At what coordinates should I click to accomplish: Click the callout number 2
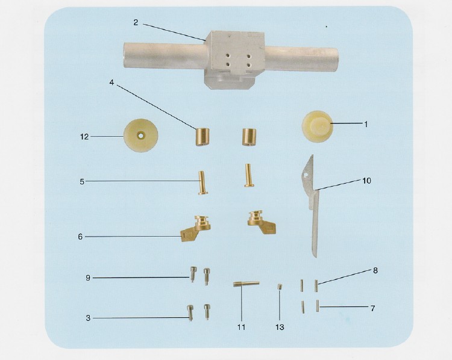point(136,22)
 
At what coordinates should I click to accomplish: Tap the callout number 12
point(84,137)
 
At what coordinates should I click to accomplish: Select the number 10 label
point(366,181)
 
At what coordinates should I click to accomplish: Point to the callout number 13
point(280,327)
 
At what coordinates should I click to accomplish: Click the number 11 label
point(241,327)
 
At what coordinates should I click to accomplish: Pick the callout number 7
point(372,308)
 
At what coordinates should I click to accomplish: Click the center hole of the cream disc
point(140,135)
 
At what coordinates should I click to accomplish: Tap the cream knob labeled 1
point(318,126)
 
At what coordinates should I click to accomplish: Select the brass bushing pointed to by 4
point(202,137)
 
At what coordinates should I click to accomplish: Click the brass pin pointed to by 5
point(202,183)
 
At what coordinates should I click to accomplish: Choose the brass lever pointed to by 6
point(196,228)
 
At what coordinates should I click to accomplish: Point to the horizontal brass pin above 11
point(246,284)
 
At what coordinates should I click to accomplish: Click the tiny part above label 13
point(280,287)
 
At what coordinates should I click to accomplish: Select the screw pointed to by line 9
point(193,274)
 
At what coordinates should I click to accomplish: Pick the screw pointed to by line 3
point(190,312)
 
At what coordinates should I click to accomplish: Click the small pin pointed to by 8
point(316,286)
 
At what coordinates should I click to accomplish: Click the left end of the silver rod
point(125,55)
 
